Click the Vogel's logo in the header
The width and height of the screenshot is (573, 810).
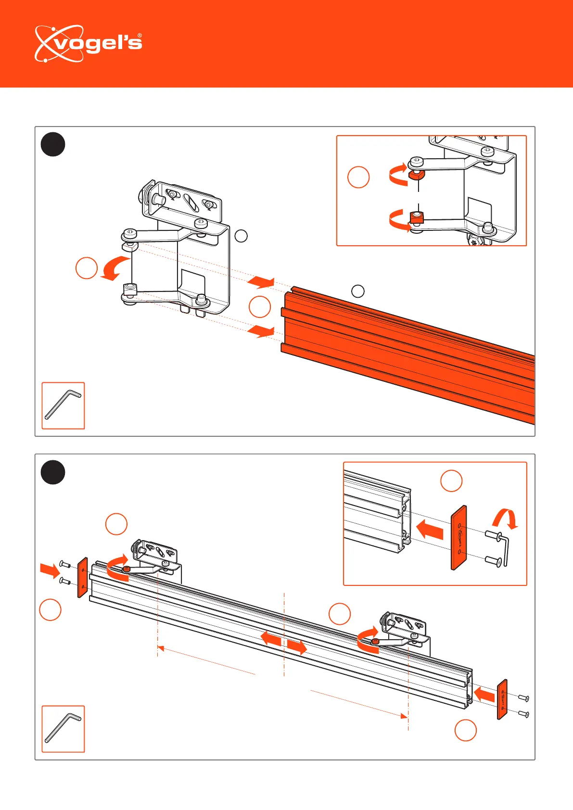click(88, 44)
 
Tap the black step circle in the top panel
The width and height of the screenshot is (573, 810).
click(53, 144)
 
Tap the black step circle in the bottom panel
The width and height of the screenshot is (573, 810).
click(53, 472)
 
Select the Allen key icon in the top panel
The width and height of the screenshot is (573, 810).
click(63, 405)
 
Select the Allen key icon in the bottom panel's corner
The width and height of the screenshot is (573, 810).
click(63, 729)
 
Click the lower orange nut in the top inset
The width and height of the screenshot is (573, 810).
click(416, 218)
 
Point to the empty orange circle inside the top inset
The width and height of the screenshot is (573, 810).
click(358, 177)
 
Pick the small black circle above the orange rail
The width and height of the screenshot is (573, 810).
click(357, 291)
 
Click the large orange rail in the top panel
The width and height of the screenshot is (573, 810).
click(409, 356)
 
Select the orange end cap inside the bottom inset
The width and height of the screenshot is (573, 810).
click(459, 538)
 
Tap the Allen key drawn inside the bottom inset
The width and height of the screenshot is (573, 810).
click(505, 550)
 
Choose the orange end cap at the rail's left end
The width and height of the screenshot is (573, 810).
click(82, 577)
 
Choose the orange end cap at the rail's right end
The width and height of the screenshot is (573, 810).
click(502, 699)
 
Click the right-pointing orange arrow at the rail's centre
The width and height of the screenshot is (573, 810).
click(297, 647)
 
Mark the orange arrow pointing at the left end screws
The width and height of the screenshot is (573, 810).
click(50, 571)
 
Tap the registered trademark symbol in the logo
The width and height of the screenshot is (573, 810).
click(140, 36)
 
